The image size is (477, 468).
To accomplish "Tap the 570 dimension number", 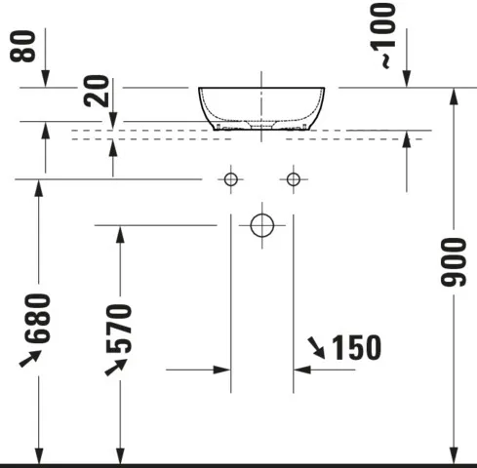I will pos(120,330).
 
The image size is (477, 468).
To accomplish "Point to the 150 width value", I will pos(355,346).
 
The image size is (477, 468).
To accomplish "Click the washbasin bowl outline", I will pos(262,107).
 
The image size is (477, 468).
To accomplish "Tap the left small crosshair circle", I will pos(231,178).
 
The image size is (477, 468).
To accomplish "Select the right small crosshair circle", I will pos(292,178).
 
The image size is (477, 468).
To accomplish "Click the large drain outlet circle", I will pos(261,225).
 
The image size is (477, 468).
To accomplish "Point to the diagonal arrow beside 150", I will pos(317,345).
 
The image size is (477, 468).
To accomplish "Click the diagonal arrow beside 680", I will pos(29,358).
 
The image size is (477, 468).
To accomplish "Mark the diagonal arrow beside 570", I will pos(115,367).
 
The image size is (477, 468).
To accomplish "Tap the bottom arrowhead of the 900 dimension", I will pos(453,453).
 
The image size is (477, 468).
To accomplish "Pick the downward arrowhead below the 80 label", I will pos(46,79).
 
